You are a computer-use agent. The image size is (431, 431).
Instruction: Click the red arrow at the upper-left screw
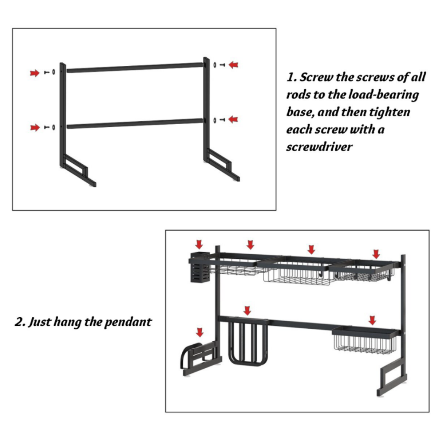point(35,73)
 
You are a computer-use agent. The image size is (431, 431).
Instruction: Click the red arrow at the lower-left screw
point(35,128)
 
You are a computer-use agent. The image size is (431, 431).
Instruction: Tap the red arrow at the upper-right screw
point(233,65)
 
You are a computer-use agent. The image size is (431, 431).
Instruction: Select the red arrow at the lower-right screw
point(233,119)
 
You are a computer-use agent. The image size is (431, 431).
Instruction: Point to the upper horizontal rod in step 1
point(135,68)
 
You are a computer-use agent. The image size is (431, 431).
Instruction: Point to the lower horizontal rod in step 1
point(135,123)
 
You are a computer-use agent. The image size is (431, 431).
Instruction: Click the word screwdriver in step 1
point(319,147)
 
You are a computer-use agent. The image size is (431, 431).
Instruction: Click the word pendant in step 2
point(128,322)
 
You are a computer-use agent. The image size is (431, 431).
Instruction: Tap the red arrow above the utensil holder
point(199,244)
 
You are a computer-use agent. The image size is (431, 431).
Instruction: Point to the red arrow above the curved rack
point(200,332)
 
